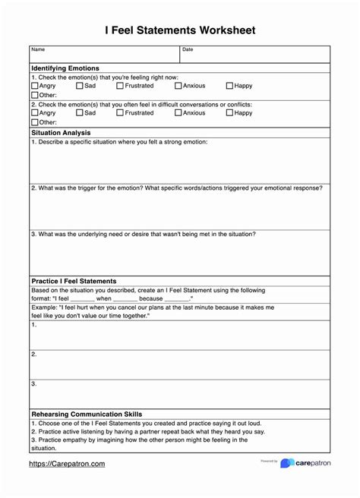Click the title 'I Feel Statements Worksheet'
[180, 30]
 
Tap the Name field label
[38, 50]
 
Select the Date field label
[188, 50]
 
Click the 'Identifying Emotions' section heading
[65, 68]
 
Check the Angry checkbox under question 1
[35, 87]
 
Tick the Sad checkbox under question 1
[81, 87]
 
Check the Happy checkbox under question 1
[230, 87]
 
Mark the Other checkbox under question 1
[35, 96]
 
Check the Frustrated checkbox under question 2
[120, 113]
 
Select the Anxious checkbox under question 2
[178, 113]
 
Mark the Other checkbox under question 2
[35, 122]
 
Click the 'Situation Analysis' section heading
[61, 132]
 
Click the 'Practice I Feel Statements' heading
[74, 281]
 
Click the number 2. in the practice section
[34, 354]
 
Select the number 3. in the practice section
[34, 384]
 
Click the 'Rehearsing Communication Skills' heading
[87, 414]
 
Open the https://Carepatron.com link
[67, 464]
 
